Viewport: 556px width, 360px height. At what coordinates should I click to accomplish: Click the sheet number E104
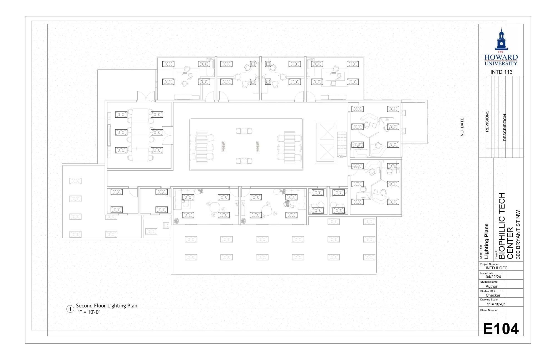[501, 329]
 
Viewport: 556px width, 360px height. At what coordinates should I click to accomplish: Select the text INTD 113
[501, 72]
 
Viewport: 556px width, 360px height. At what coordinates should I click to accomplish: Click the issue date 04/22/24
[493, 277]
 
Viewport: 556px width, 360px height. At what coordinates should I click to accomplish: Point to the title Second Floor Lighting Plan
[106, 305]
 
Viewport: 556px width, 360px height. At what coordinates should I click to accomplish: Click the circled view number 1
[70, 309]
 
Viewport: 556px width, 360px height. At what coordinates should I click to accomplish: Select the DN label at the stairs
[341, 157]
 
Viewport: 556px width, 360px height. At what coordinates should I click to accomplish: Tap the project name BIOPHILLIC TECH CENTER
[506, 226]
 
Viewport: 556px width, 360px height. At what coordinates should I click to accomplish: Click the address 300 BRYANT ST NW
[518, 234]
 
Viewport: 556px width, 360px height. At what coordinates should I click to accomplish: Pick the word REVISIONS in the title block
[487, 121]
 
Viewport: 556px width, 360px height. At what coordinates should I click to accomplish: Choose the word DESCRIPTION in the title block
[505, 127]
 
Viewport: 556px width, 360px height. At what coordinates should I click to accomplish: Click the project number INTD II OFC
[497, 268]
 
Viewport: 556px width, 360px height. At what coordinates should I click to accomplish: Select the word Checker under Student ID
[493, 295]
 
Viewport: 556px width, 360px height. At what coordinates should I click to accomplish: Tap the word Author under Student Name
[491, 286]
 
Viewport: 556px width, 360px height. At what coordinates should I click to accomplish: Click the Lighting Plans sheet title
[487, 241]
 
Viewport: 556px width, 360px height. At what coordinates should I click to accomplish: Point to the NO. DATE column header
[462, 127]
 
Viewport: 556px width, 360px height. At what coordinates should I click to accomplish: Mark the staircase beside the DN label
[342, 143]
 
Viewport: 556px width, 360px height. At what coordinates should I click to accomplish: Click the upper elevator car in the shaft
[327, 132]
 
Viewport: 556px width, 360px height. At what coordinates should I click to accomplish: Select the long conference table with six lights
[140, 135]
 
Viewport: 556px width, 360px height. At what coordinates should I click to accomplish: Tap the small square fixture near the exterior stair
[166, 226]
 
